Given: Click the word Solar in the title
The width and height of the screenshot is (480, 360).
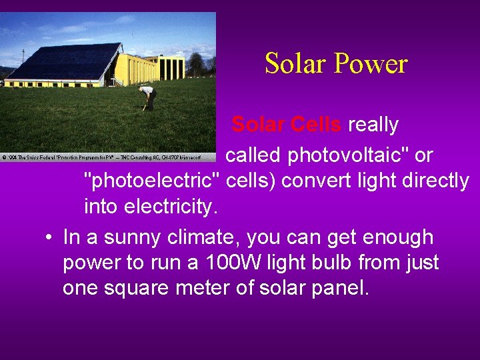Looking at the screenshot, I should pos(295,64).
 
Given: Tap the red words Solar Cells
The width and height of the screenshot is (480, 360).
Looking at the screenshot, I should pos(287,125).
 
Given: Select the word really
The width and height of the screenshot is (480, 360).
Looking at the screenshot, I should pos(373,125).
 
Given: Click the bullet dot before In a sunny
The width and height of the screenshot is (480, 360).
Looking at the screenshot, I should pos(49,238).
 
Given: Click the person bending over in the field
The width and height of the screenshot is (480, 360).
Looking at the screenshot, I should pos(148,97).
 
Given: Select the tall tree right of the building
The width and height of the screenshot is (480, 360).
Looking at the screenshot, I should pos(198,65).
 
